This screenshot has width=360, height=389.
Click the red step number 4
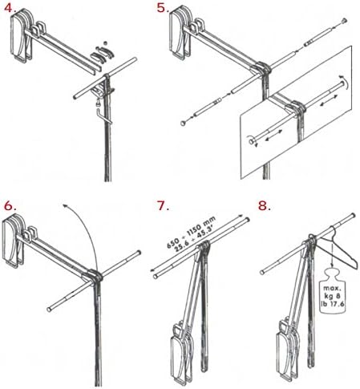click(10, 8)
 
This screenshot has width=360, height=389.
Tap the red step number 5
click(163, 8)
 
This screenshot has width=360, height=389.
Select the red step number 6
click(10, 206)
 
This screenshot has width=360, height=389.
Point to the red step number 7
click(163, 206)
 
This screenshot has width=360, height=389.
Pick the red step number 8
click(265, 206)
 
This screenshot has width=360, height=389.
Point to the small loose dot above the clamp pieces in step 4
click(105, 43)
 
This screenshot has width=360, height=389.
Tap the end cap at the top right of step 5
click(345, 20)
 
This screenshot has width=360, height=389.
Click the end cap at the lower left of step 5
click(183, 124)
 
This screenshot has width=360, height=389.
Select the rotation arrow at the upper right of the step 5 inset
click(345, 82)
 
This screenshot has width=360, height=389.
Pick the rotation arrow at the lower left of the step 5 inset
click(251, 141)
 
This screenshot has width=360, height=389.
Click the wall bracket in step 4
click(22, 36)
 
